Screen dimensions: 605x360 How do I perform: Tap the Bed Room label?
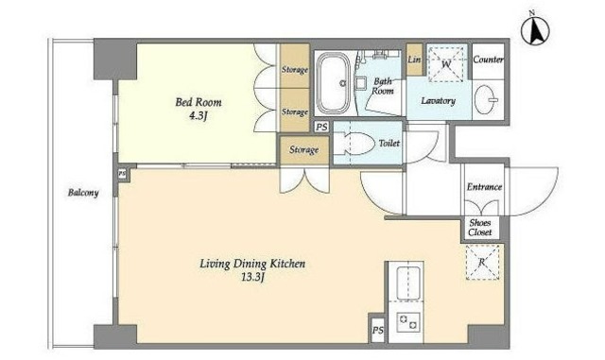pos(199,102)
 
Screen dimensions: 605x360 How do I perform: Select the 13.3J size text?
pos(252,277)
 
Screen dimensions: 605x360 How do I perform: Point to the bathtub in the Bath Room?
pos(334,83)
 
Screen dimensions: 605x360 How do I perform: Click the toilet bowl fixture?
pos(355,144)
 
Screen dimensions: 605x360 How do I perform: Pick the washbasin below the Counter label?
pos(485,99)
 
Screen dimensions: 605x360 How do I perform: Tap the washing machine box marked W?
pos(447,64)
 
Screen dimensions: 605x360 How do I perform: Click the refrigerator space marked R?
pos(482,262)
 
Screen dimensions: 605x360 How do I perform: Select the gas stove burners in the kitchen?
pos(409,322)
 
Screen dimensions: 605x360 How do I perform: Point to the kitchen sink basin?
pos(408,283)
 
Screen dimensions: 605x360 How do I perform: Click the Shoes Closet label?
pos(480,228)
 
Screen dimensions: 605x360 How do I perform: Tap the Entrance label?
pos(484,187)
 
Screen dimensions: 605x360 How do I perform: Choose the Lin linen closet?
pos(414,60)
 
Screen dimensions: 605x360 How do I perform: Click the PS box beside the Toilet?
pos(321,127)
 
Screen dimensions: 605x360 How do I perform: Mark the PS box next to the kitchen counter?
pos(378,331)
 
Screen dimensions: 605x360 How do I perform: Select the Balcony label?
pos(83,193)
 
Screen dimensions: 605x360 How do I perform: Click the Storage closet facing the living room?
pos(304,149)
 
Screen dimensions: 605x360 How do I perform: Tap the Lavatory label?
pos(438,101)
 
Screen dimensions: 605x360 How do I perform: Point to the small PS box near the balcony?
pos(122,174)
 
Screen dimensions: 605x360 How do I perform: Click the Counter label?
pos(488,60)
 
